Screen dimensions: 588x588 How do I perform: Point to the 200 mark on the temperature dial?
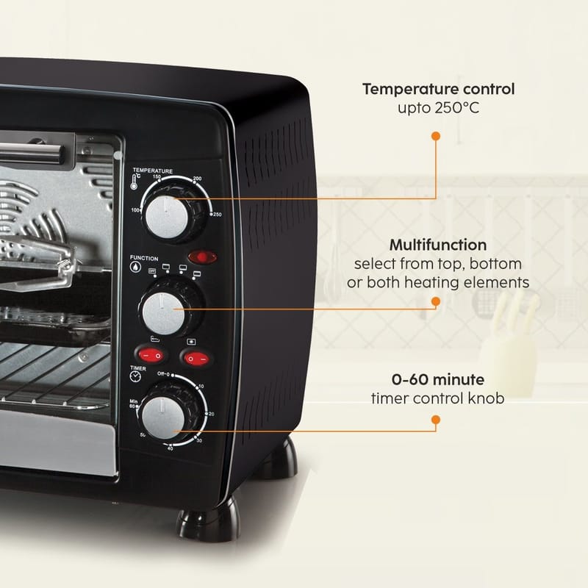point(197,179)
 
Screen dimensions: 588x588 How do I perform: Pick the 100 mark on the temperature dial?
point(136,210)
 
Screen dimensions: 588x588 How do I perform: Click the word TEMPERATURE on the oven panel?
point(152,171)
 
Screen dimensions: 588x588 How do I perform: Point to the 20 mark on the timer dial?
point(211,415)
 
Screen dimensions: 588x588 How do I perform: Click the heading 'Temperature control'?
point(438,90)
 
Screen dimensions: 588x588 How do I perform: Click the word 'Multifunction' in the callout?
point(437,244)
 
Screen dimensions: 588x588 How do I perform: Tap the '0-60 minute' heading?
point(437,380)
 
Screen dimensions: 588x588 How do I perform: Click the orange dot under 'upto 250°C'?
point(436,136)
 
